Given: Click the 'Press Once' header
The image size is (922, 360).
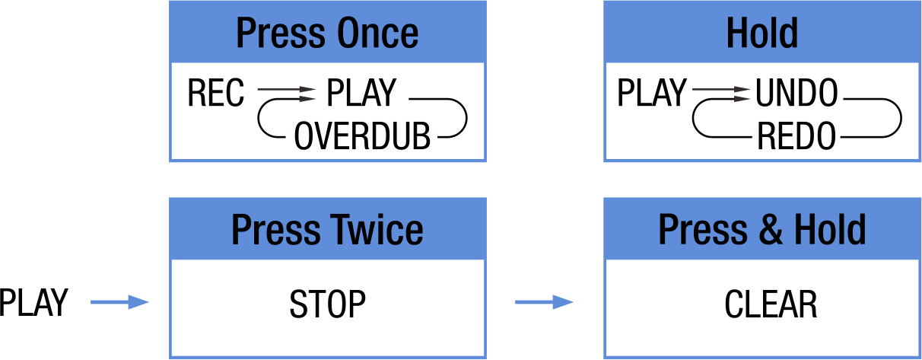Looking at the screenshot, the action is tap(327, 33).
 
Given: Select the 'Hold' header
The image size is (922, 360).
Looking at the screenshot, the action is tap(761, 33).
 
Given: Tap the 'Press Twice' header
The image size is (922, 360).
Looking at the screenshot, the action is tap(327, 229).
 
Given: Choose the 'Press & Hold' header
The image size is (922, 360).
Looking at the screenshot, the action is tap(761, 229).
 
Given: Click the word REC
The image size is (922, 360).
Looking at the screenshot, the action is tap(216, 94).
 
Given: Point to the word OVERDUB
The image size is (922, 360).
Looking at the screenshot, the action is tap(362, 138).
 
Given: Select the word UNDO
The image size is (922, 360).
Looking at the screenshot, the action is tap(796, 94).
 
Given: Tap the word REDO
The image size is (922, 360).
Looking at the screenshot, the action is tap(796, 138).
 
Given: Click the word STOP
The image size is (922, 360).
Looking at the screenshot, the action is tap(327, 304).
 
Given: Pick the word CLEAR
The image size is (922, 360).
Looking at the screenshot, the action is tap(771, 304).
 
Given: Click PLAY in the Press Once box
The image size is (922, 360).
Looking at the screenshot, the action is tap(361, 94).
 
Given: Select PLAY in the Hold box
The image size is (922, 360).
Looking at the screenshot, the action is tap(650, 94).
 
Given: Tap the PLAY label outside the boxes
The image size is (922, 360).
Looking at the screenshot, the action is tap(33, 303).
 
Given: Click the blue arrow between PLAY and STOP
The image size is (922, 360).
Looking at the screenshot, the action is tap(120, 303).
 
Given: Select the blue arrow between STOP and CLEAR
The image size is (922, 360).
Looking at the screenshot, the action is tap(545, 303).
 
